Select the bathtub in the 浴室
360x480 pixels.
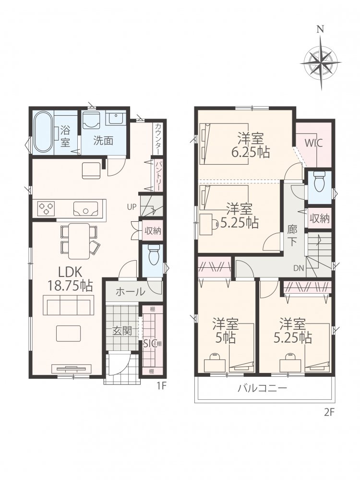click(x=42, y=133)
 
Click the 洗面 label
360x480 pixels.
click(x=103, y=141)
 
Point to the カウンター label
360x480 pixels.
click(x=157, y=138)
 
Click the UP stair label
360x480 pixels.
click(x=132, y=207)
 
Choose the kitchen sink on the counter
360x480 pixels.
click(x=85, y=208)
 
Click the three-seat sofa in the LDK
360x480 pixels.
click(x=68, y=305)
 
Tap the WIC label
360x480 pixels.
click(x=313, y=143)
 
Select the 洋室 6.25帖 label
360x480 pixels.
click(x=251, y=145)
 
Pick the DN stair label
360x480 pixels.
click(x=299, y=268)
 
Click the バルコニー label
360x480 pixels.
click(x=263, y=388)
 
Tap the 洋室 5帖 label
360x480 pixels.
click(x=226, y=331)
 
